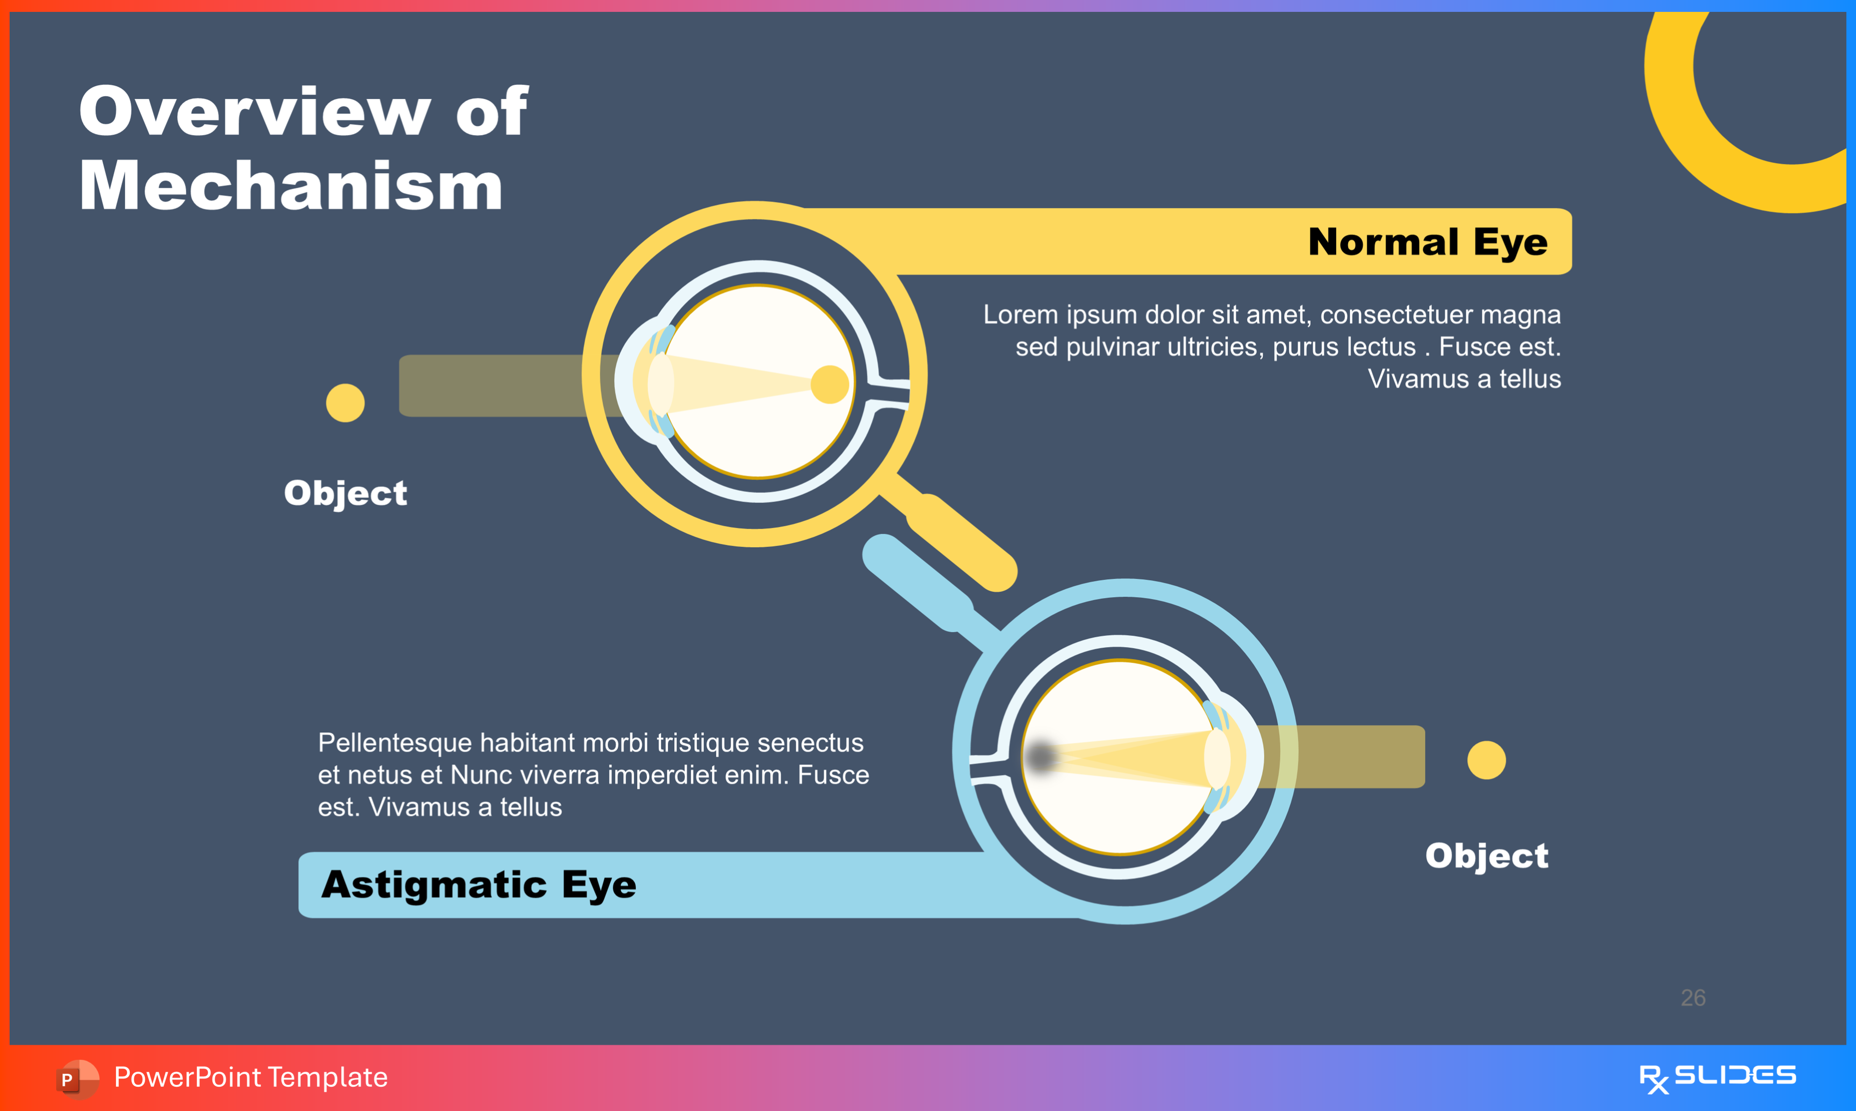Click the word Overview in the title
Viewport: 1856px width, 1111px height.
(x=254, y=112)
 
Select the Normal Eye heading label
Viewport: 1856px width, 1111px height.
(x=1427, y=242)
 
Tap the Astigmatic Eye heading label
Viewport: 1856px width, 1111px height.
(x=479, y=885)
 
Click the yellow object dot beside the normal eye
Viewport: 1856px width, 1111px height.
(x=345, y=403)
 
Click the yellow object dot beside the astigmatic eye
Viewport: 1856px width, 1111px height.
(x=1486, y=760)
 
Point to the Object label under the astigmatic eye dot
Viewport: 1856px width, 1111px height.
(x=1486, y=856)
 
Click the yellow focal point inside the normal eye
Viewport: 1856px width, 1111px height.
(x=829, y=385)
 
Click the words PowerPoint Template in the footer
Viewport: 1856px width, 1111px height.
(x=251, y=1077)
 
